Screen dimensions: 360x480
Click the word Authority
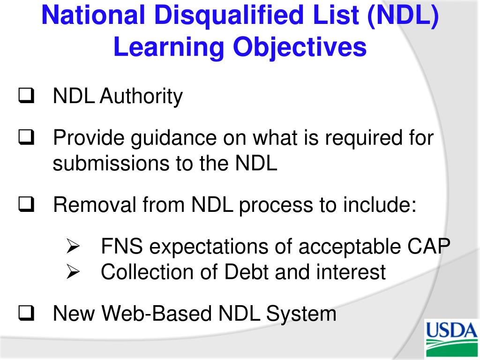coord(142,97)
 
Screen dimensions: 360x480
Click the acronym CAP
coord(429,247)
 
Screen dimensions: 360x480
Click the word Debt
coord(247,272)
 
